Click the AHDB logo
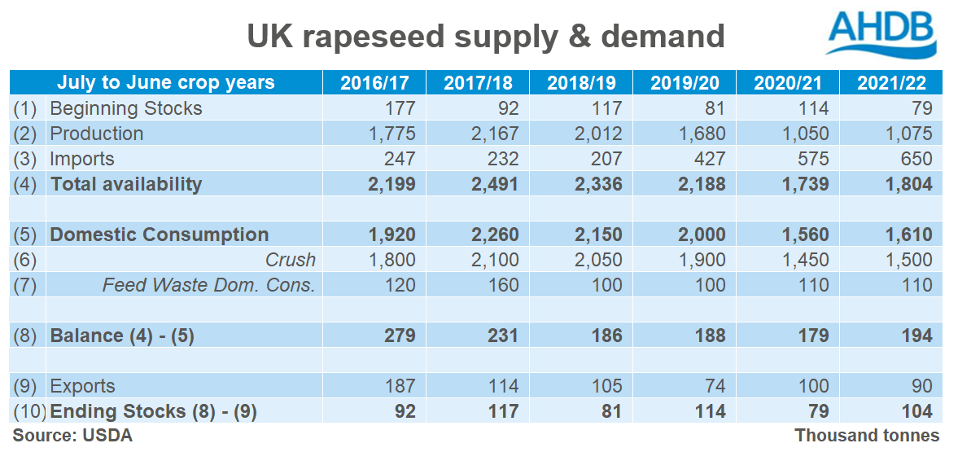tap(881, 33)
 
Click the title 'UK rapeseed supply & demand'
tap(485, 36)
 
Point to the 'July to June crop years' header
tap(166, 83)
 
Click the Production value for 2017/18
tap(492, 134)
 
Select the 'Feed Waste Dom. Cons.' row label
tap(208, 285)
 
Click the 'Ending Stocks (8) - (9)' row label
tap(154, 411)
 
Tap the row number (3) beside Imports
tap(27, 159)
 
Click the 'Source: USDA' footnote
tap(72, 436)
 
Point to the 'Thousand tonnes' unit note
tap(867, 436)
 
